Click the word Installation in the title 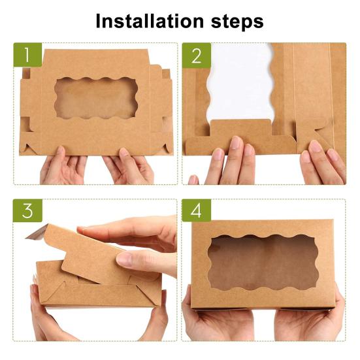pyautogui.click(x=150, y=21)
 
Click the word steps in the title pyautogui.click(x=237, y=22)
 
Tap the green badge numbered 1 pyautogui.click(x=27, y=55)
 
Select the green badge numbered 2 pyautogui.click(x=197, y=55)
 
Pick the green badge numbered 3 pyautogui.click(x=27, y=210)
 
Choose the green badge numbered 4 pyautogui.click(x=196, y=210)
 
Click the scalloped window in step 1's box pyautogui.click(x=96, y=98)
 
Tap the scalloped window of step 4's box pyautogui.click(x=263, y=262)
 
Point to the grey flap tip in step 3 pyautogui.click(x=37, y=232)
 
